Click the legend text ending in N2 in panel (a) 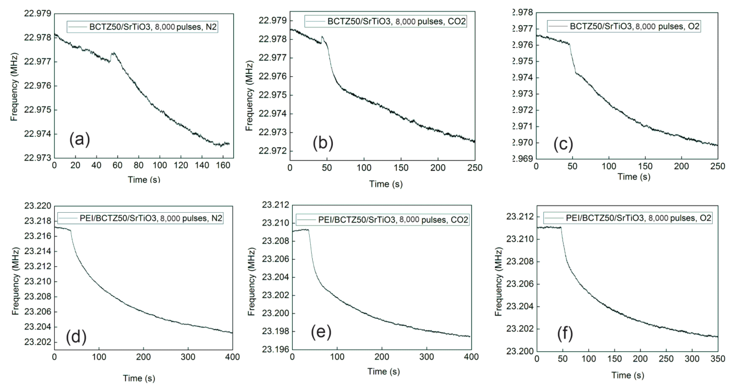click(x=153, y=27)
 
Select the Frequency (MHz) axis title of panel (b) click(x=249, y=96)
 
